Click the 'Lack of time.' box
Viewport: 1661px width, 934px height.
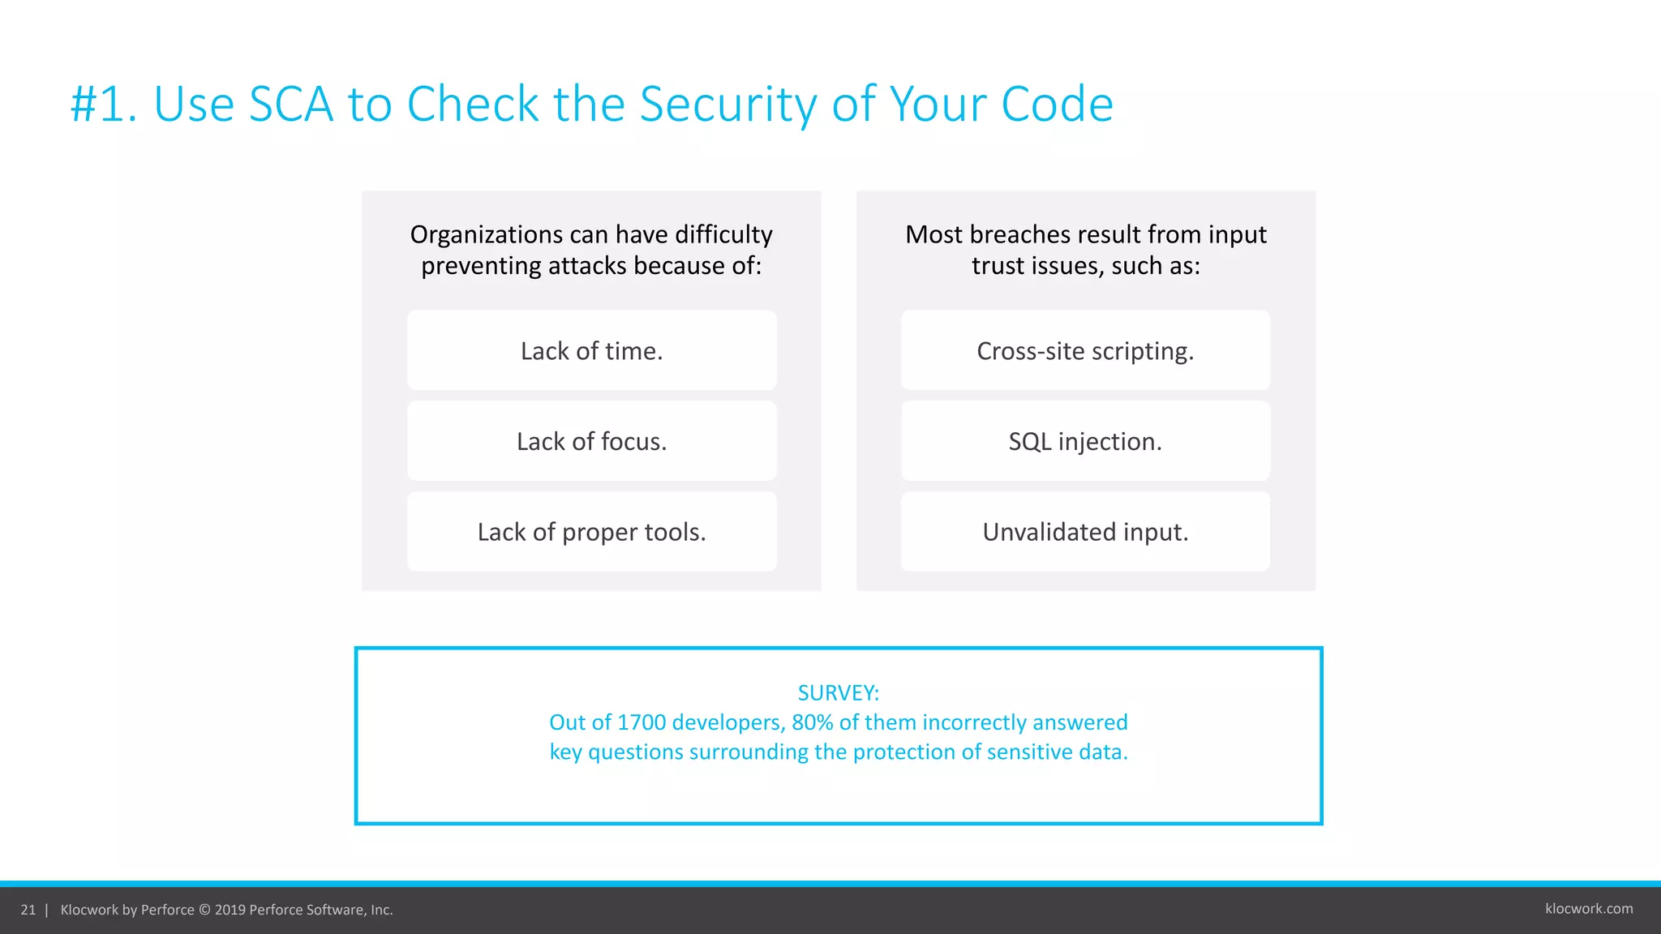(591, 350)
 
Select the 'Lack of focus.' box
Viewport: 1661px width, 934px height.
(591, 441)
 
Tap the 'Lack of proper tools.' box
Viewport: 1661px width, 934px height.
(591, 532)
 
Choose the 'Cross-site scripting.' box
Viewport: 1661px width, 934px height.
(1085, 350)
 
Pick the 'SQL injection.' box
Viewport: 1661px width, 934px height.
(1085, 441)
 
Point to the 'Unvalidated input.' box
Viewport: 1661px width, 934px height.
(1085, 532)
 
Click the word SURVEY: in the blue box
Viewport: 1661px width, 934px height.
(838, 692)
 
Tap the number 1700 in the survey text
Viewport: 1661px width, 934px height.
(642, 722)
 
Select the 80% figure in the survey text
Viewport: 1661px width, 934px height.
(812, 722)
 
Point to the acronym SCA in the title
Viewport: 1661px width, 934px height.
(290, 105)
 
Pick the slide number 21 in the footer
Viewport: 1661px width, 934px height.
(28, 910)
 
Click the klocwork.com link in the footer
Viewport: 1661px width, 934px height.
(1589, 909)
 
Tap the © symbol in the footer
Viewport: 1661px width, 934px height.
(204, 910)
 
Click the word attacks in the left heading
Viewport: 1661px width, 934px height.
(587, 266)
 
